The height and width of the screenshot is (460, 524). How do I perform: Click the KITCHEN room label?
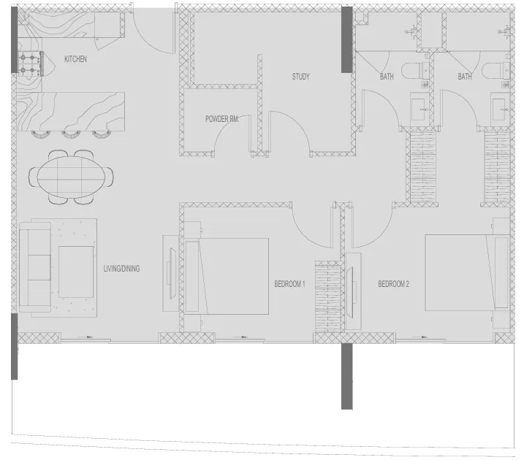[75, 59]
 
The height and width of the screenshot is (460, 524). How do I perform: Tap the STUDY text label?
[301, 77]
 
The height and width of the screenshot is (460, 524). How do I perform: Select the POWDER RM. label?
[222, 118]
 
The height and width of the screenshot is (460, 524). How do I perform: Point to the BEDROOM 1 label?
[289, 284]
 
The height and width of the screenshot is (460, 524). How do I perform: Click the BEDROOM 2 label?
[393, 284]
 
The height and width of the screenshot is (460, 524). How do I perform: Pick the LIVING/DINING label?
[121, 269]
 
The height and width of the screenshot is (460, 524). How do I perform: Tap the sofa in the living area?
[34, 267]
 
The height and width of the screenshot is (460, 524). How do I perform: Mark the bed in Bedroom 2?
[464, 272]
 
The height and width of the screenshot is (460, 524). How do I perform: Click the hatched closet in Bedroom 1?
[327, 297]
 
